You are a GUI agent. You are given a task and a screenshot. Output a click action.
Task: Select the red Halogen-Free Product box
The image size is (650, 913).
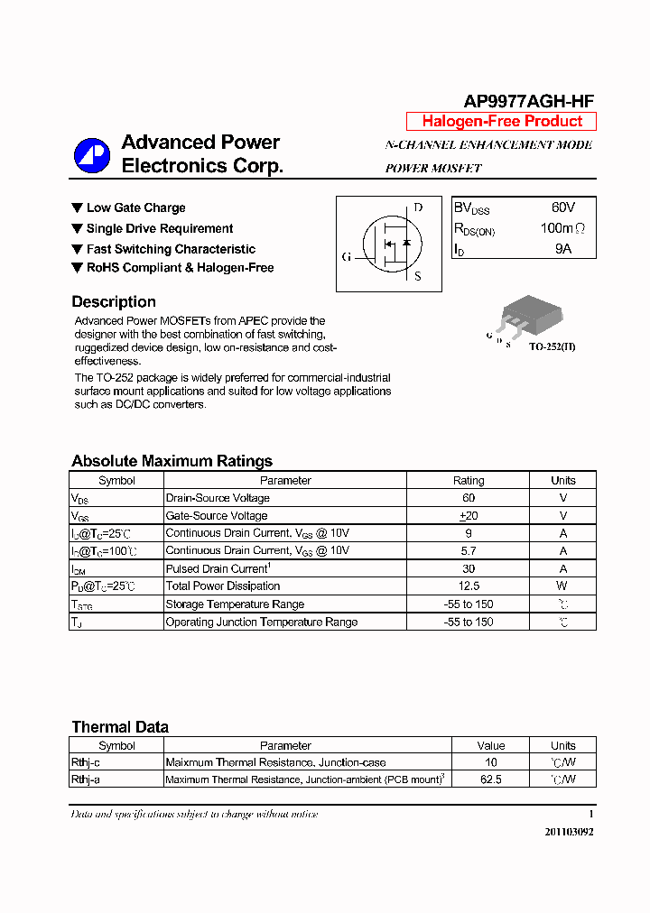click(x=501, y=122)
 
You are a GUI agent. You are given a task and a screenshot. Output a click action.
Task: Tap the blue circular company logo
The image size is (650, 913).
click(x=91, y=155)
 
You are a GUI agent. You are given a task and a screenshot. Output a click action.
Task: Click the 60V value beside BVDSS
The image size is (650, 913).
click(x=562, y=207)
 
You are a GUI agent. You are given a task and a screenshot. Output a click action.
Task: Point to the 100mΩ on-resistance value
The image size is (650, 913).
click(x=562, y=228)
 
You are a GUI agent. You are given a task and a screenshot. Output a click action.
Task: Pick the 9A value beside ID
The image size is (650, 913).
click(x=562, y=248)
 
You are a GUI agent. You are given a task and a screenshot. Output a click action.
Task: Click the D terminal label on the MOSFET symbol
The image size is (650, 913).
click(x=418, y=207)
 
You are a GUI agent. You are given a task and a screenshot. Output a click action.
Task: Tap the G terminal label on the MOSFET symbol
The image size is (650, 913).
click(x=346, y=257)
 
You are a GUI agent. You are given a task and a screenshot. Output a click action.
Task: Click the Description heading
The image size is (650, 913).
click(x=114, y=302)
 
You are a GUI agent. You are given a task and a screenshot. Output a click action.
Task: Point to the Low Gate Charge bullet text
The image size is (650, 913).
click(x=135, y=208)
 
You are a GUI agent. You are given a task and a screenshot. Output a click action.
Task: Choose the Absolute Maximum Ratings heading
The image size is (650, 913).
click(x=172, y=461)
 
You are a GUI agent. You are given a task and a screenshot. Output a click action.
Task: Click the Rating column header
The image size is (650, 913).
click(x=468, y=481)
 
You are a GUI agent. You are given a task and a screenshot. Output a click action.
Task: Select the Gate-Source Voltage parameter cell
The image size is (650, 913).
click(x=217, y=516)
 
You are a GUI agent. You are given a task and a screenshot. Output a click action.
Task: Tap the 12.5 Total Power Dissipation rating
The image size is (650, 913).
click(x=468, y=586)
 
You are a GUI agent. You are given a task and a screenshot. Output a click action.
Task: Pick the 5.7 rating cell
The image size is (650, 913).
click(x=468, y=550)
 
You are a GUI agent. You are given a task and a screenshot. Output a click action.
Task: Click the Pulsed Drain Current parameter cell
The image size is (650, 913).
click(x=217, y=569)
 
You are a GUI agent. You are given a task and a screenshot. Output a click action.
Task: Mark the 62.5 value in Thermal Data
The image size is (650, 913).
click(x=491, y=779)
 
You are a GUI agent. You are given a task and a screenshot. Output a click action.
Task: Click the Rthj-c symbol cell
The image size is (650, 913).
click(x=87, y=762)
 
